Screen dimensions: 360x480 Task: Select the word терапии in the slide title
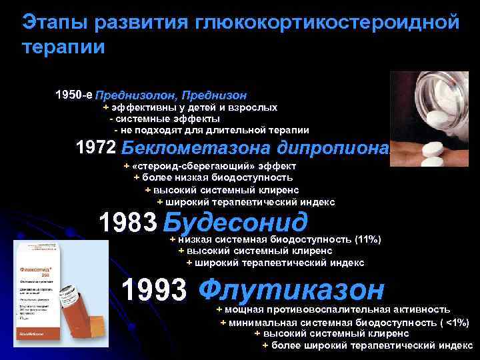(63, 47)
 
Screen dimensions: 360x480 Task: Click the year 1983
(127, 222)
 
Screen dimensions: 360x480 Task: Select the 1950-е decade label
(73, 95)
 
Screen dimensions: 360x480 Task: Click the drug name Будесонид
(235, 222)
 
